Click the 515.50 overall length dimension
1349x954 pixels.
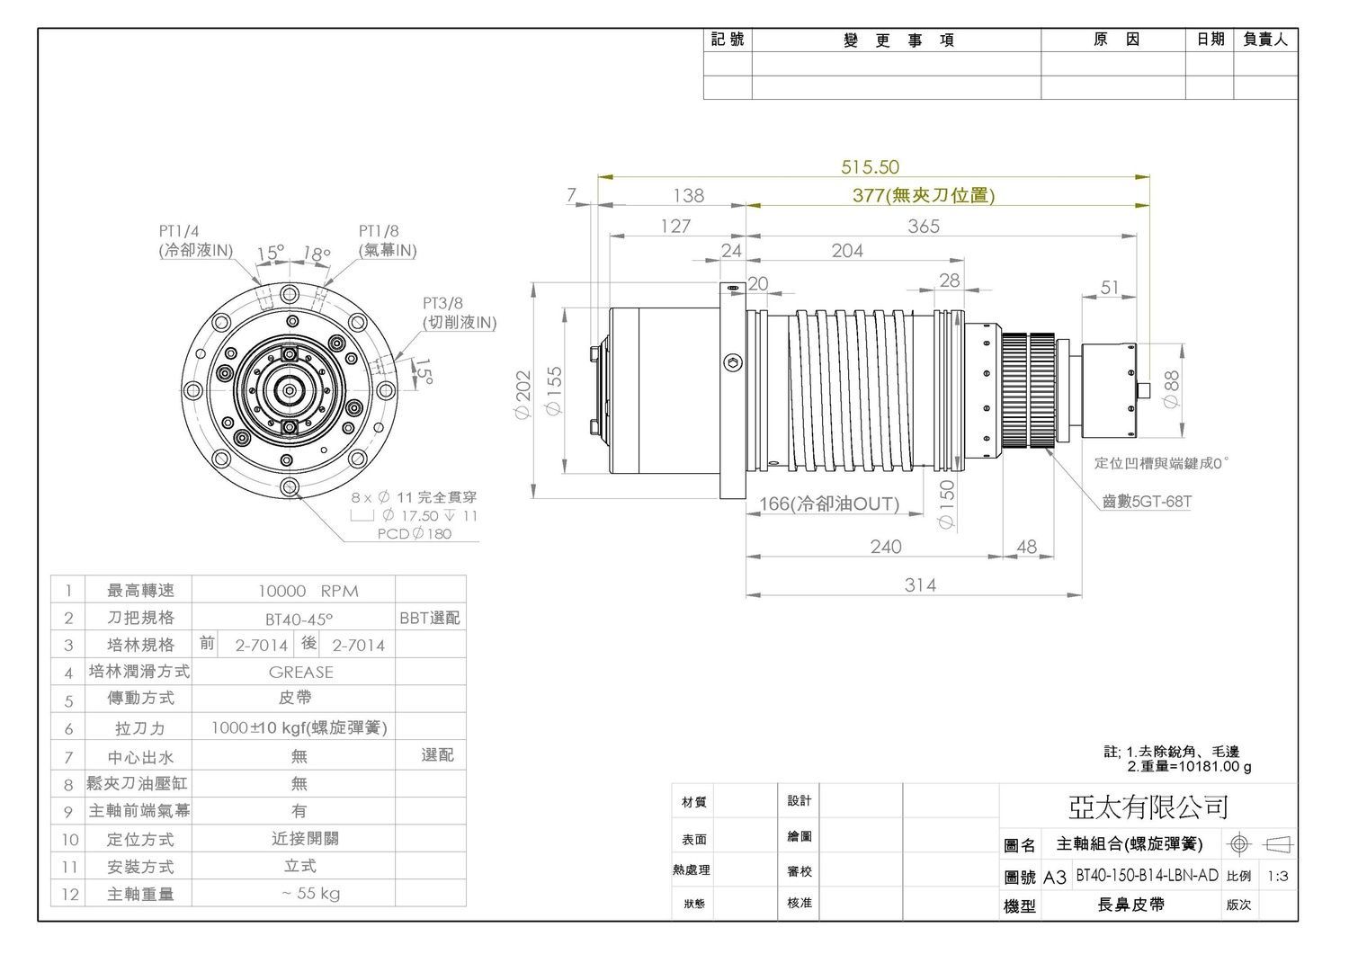click(x=870, y=167)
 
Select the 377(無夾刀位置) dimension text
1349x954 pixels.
click(x=924, y=195)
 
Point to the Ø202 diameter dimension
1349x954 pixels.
click(x=523, y=395)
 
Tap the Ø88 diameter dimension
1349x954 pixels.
click(x=1171, y=389)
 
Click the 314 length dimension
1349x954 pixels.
click(x=920, y=584)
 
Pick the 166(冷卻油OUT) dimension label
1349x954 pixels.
click(x=829, y=504)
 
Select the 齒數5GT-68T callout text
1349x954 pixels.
click(x=1147, y=502)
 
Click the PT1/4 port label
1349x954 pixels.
click(x=179, y=231)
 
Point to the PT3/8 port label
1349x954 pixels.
click(x=442, y=303)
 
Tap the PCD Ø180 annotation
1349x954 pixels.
click(x=415, y=534)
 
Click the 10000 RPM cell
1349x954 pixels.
click(x=308, y=591)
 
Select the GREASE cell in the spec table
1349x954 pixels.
click(x=300, y=673)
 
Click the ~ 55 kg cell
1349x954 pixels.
click(x=310, y=893)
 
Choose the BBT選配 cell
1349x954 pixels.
click(x=429, y=618)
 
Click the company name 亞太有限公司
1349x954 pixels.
click(x=1148, y=807)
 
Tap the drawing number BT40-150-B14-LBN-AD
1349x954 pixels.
click(x=1147, y=875)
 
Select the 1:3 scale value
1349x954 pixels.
click(x=1277, y=877)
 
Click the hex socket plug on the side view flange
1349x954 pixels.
click(x=732, y=363)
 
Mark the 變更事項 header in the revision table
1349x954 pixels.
click(x=898, y=40)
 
